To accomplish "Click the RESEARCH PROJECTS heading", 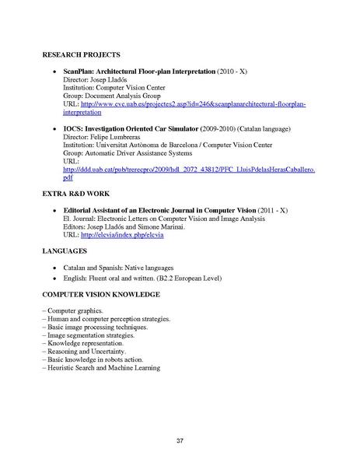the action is click(81, 55).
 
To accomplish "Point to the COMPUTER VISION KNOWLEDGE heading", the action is click(101, 295).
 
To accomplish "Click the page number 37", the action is click(180, 442).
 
